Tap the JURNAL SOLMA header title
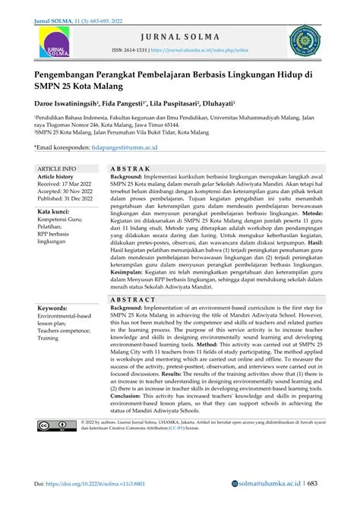[x=180, y=36]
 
